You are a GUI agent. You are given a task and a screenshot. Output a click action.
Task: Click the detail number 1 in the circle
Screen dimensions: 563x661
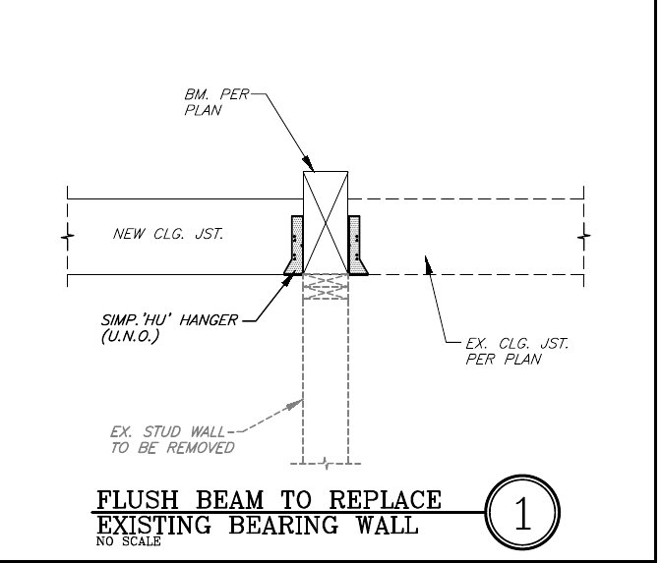(x=521, y=514)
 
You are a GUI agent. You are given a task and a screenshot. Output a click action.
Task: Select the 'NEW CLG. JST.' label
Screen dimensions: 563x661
(x=168, y=234)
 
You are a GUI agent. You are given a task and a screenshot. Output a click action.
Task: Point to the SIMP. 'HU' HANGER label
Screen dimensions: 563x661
(x=169, y=328)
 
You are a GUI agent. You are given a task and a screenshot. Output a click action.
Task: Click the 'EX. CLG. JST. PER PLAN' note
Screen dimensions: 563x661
(x=516, y=351)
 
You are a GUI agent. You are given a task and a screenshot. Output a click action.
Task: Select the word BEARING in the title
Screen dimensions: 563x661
(x=284, y=525)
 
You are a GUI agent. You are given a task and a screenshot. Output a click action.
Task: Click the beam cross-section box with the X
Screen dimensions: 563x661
(x=325, y=222)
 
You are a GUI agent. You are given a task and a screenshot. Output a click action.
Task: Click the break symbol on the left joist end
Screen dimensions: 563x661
(x=67, y=237)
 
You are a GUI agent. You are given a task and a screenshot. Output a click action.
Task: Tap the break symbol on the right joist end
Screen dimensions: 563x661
(x=584, y=236)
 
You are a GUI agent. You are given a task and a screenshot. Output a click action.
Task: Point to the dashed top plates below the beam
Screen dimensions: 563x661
(x=325, y=287)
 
